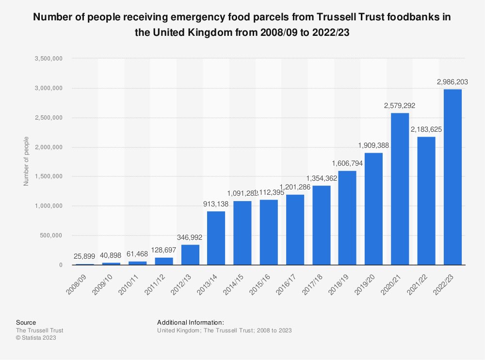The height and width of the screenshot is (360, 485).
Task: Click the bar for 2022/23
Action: (x=453, y=177)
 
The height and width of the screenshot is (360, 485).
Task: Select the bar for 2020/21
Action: (x=400, y=189)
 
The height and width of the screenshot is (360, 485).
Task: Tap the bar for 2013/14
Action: (x=216, y=238)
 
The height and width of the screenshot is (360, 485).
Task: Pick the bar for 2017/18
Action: (x=321, y=225)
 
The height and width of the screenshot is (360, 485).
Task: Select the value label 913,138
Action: (x=215, y=204)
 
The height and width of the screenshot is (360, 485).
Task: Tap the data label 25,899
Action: (x=85, y=257)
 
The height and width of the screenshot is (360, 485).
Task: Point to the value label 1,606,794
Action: (x=347, y=164)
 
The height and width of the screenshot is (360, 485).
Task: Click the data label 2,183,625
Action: (x=426, y=129)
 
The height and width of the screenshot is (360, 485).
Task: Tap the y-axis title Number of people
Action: (x=26, y=161)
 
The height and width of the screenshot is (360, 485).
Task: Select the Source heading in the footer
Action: (x=26, y=322)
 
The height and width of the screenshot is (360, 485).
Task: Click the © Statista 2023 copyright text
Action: (x=36, y=338)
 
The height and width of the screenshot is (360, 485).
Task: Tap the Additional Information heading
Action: (x=191, y=322)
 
